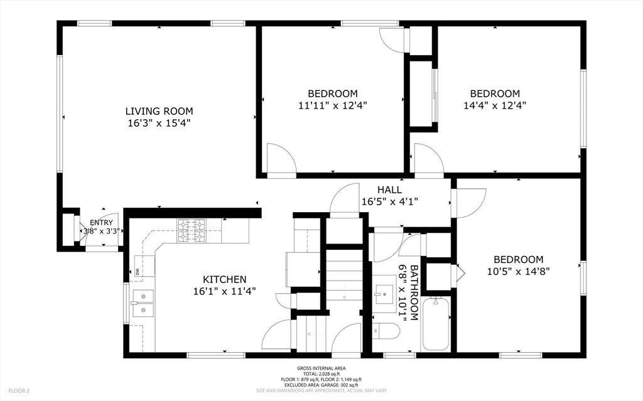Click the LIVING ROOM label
[158, 111]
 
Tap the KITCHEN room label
[224, 279]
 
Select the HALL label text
[389, 190]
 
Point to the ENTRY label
[102, 222]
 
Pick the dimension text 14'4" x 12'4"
[495, 105]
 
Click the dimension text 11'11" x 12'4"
[332, 105]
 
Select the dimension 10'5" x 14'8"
[518, 272]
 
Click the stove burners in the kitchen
[191, 230]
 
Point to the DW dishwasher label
[136, 271]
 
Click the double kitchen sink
[143, 302]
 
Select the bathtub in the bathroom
[436, 324]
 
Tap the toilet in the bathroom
[386, 330]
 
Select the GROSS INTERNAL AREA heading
[321, 368]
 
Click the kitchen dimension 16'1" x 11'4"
[224, 291]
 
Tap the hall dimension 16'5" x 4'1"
[389, 201]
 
